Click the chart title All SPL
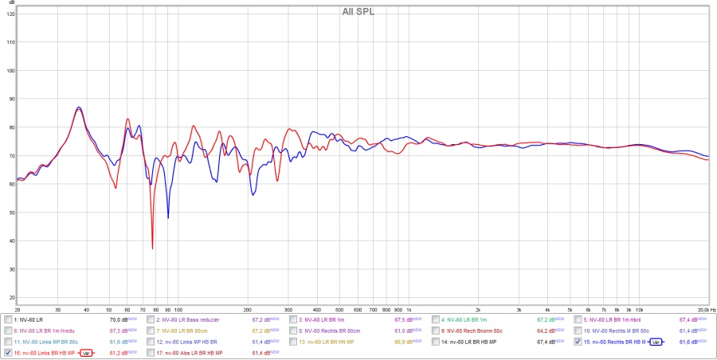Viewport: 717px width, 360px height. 358,11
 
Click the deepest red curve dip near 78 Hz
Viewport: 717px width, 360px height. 152,248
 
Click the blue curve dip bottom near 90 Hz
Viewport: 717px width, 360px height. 168,217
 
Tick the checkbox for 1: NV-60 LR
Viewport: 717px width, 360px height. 8,319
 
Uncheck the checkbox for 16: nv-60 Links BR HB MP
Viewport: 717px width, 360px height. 8,352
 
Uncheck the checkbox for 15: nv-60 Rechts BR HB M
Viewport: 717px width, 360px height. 578,342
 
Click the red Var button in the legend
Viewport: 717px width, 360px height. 86,352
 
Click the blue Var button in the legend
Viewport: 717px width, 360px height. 656,342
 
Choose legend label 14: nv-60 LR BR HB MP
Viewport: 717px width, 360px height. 469,342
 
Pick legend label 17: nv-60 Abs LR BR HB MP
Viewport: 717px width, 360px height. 190,352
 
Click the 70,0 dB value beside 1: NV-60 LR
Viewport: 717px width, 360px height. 119,319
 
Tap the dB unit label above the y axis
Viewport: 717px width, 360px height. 10,4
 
